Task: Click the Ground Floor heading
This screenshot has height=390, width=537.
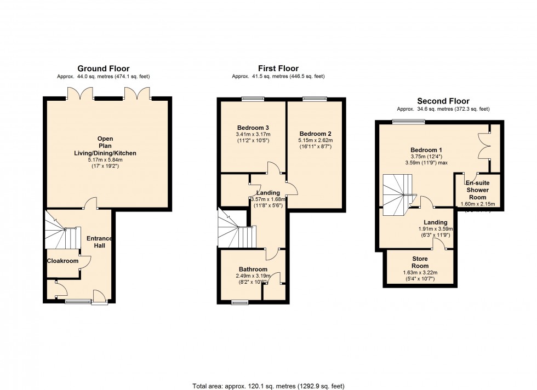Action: [103, 68]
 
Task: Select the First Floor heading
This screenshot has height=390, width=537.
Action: [278, 68]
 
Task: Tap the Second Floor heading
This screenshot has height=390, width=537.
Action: [443, 101]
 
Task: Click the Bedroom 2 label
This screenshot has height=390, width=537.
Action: [315, 133]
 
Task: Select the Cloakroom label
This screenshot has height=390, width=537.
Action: [62, 261]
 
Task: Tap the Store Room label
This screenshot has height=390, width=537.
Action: [420, 262]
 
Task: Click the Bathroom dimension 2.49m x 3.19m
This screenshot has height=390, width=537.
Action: [253, 276]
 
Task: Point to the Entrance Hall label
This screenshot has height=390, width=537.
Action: [99, 242]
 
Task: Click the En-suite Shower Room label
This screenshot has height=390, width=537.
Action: [477, 190]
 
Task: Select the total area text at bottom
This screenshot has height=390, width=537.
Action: [268, 386]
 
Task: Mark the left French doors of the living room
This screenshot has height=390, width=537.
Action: [78, 94]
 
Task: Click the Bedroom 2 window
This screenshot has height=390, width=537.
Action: [313, 99]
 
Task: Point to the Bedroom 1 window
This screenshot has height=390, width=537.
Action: [408, 122]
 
